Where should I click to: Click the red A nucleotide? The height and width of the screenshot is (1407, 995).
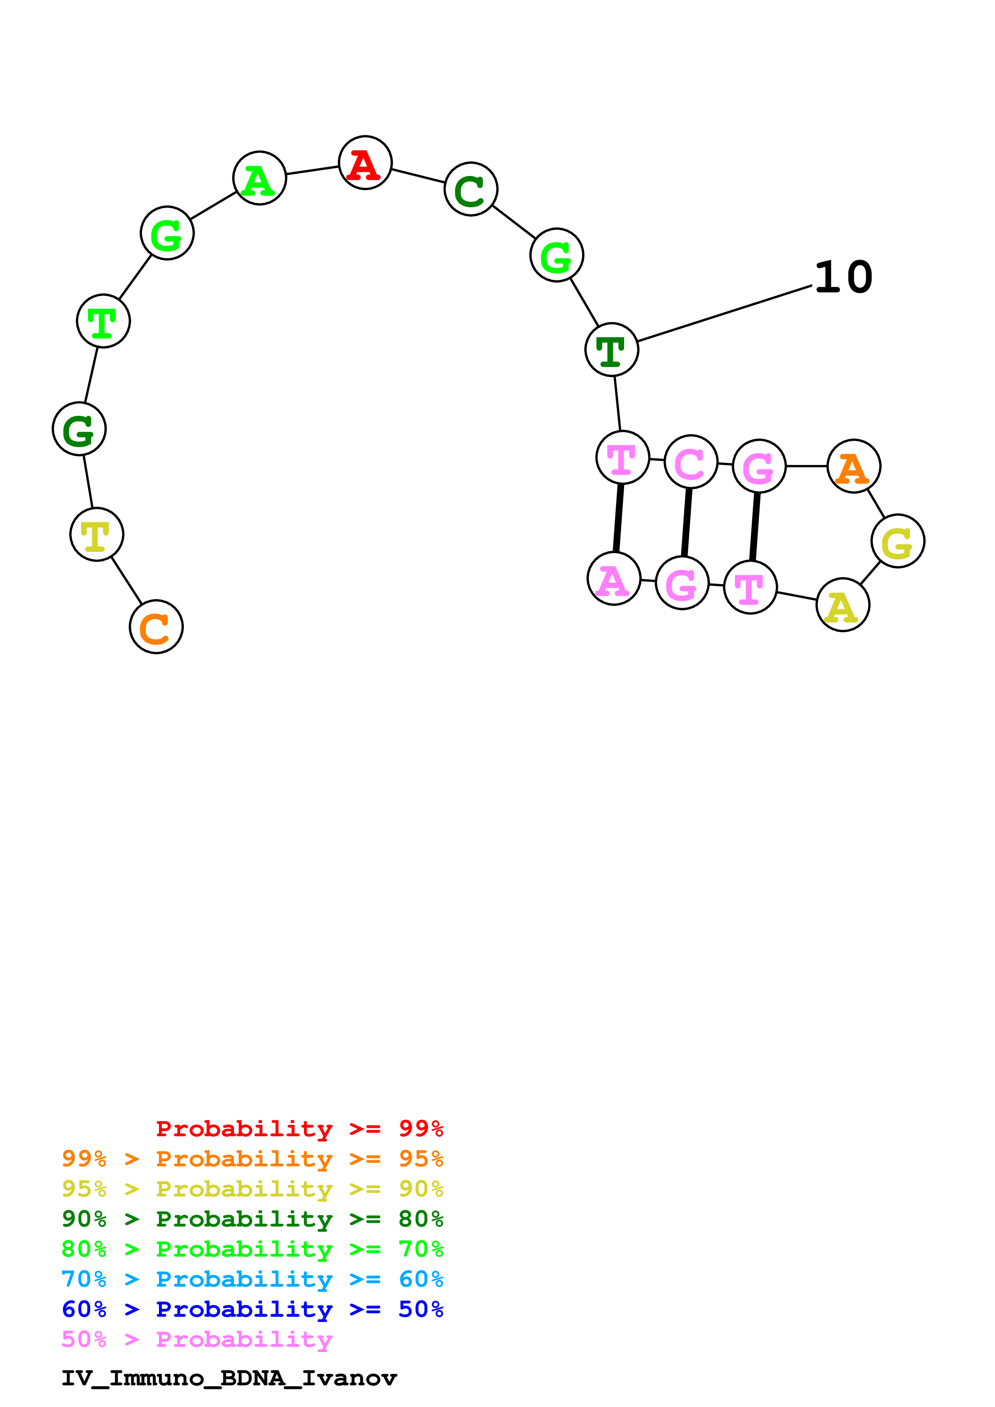[365, 163]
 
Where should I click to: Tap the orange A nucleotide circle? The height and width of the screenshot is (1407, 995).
[853, 466]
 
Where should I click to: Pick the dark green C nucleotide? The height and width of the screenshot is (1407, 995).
[471, 189]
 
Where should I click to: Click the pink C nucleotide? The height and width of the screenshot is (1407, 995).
[691, 462]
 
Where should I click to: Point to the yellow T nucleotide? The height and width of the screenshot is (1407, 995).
[97, 534]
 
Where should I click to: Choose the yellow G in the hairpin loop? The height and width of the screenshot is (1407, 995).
[897, 541]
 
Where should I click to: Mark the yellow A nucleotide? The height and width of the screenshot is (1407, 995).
[843, 605]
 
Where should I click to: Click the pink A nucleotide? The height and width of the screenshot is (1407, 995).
[614, 578]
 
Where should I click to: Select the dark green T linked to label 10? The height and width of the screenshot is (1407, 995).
[612, 349]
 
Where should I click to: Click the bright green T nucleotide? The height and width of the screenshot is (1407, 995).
[104, 321]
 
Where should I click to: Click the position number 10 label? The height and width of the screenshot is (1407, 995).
[844, 278]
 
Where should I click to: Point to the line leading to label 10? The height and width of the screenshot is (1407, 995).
[724, 314]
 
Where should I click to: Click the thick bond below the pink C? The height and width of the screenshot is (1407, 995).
[687, 522]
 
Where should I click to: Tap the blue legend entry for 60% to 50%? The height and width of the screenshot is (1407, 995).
[252, 1310]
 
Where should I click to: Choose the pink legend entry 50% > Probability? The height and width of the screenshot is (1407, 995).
[197, 1340]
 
